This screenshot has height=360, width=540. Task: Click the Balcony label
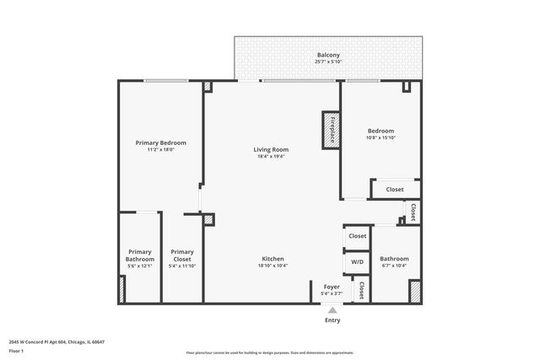pos(328,53)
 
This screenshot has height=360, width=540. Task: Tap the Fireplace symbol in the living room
pos(331,131)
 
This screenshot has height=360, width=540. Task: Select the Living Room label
pos(271,150)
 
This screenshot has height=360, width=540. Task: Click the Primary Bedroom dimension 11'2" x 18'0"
pos(160,150)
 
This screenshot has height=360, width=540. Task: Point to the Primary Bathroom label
pos(139,255)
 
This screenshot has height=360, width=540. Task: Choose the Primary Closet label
pos(182,255)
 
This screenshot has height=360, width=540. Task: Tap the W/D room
pos(357,262)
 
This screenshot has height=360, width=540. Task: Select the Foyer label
pos(332,287)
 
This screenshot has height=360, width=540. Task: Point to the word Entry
pos(332,320)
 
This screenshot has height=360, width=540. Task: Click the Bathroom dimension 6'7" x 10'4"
pos(394,266)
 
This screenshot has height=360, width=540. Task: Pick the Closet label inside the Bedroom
pos(395,190)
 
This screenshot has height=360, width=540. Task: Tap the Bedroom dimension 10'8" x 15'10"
pos(381,138)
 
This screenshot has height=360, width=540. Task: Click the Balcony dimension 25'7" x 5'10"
pos(328,61)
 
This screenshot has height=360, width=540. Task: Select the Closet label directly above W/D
pos(358,237)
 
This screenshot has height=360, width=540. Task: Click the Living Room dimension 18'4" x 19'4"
pos(271,157)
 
